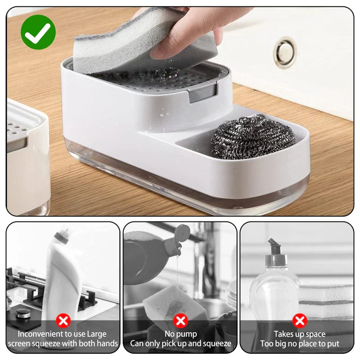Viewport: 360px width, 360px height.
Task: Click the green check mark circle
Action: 38,32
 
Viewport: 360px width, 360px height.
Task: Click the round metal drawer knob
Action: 285,53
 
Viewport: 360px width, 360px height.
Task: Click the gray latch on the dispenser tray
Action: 202,94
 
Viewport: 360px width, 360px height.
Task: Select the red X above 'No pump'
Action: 181,321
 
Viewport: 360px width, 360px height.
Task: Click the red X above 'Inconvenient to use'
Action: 63,321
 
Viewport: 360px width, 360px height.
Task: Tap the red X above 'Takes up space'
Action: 300,321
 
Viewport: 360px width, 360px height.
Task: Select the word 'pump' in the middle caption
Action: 187,334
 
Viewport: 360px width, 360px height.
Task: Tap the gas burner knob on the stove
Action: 23,313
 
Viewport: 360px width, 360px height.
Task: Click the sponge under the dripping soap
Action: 175,303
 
